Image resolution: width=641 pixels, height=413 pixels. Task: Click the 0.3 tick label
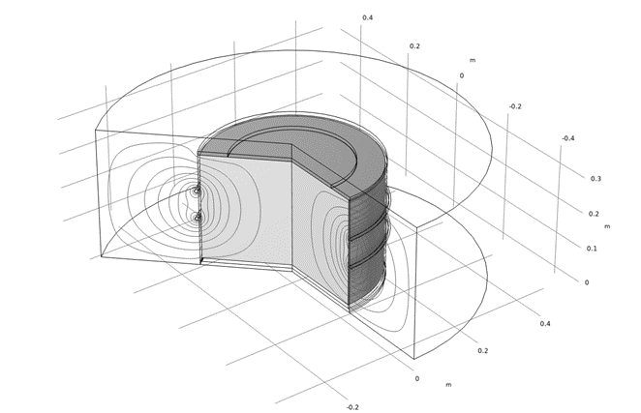[595, 179]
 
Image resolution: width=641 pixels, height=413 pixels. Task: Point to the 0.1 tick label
[592, 249]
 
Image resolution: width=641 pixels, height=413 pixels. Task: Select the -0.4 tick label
[567, 138]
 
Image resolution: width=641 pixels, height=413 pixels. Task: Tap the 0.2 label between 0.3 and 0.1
[594, 214]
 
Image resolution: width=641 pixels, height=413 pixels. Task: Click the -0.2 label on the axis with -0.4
[515, 106]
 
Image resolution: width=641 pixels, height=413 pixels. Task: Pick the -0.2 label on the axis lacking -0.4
[352, 407]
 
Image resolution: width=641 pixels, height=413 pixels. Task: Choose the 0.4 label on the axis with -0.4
[368, 17]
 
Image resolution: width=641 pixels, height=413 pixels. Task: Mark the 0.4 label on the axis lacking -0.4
[545, 324]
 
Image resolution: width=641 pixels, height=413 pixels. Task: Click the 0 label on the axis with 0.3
[587, 282]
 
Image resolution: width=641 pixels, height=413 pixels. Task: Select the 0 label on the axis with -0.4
[462, 75]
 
